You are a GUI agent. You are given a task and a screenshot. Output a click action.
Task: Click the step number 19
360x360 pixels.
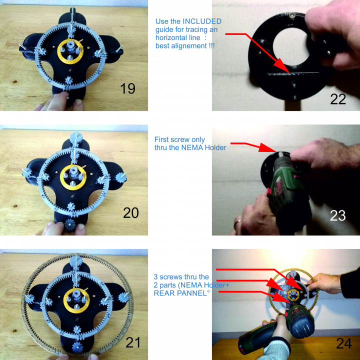(x=128, y=88)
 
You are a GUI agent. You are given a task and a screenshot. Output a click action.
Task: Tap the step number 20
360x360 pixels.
(x=131, y=213)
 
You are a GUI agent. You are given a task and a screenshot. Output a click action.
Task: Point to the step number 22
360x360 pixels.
(x=338, y=98)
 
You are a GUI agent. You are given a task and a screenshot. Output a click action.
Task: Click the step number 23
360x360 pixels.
(x=338, y=215)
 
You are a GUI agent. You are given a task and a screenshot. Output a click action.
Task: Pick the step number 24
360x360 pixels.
(x=338, y=343)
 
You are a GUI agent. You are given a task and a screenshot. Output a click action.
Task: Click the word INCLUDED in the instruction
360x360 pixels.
(x=202, y=21)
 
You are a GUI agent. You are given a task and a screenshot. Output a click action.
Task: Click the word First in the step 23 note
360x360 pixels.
(x=164, y=139)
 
